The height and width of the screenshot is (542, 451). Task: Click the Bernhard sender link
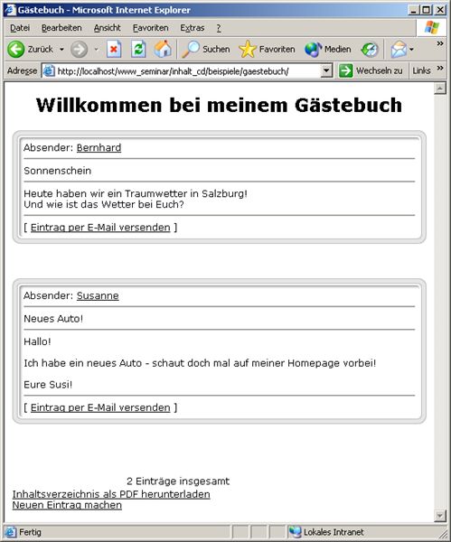99,147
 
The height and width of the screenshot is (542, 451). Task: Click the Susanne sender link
98,295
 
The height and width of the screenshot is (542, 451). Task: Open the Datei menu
19,28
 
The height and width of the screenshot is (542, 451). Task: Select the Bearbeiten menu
61,28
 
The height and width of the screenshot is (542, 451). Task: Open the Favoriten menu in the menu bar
150,28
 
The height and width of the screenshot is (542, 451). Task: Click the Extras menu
192,28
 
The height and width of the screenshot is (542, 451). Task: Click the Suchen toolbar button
206,49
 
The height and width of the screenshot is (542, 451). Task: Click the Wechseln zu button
371,70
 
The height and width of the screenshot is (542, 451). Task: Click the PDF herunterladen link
111,494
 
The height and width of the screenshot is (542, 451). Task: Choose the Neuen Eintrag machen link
67,505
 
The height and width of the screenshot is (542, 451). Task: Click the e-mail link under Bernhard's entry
100,227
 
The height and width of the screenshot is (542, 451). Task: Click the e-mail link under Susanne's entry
100,407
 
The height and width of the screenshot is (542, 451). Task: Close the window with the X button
440,9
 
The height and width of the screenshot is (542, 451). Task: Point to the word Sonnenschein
58,171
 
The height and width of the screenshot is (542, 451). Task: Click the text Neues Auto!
53,318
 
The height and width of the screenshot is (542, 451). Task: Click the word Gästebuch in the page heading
348,105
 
